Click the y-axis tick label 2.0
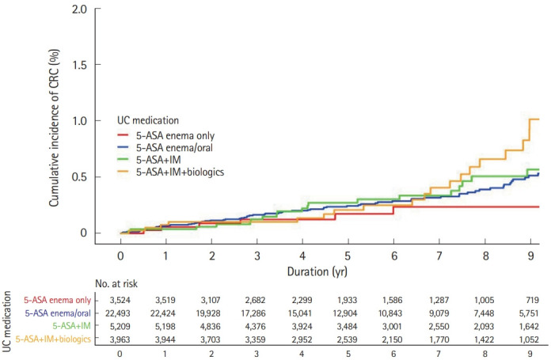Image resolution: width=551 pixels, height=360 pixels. pyautogui.click(x=79, y=9)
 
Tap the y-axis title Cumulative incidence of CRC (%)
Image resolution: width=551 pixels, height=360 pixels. pyautogui.click(x=53, y=128)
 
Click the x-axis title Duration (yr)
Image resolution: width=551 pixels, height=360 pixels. pyautogui.click(x=317, y=272)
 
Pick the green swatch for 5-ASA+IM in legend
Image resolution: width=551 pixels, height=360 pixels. pyautogui.click(x=124, y=160)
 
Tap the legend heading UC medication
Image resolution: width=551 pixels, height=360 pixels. pyautogui.click(x=148, y=120)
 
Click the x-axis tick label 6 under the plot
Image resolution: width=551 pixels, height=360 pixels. pyautogui.click(x=394, y=256)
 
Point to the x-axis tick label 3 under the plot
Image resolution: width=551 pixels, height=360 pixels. pyautogui.click(x=257, y=256)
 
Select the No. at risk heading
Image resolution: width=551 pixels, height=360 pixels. pyautogui.click(x=116, y=284)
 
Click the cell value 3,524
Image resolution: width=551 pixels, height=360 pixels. pyautogui.click(x=120, y=301)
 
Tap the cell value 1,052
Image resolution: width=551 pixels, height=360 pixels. pyautogui.click(x=529, y=339)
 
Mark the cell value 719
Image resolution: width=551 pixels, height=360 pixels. pyautogui.click(x=532, y=301)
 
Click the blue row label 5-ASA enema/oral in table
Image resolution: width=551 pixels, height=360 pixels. pyautogui.click(x=58, y=313)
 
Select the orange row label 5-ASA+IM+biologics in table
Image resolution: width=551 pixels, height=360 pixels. pyautogui.click(x=53, y=339)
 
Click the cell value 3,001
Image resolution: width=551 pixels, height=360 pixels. pyautogui.click(x=392, y=327)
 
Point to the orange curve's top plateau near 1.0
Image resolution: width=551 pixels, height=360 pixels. pyautogui.click(x=534, y=119)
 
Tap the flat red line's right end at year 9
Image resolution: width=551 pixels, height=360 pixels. pyautogui.click(x=539, y=207)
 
